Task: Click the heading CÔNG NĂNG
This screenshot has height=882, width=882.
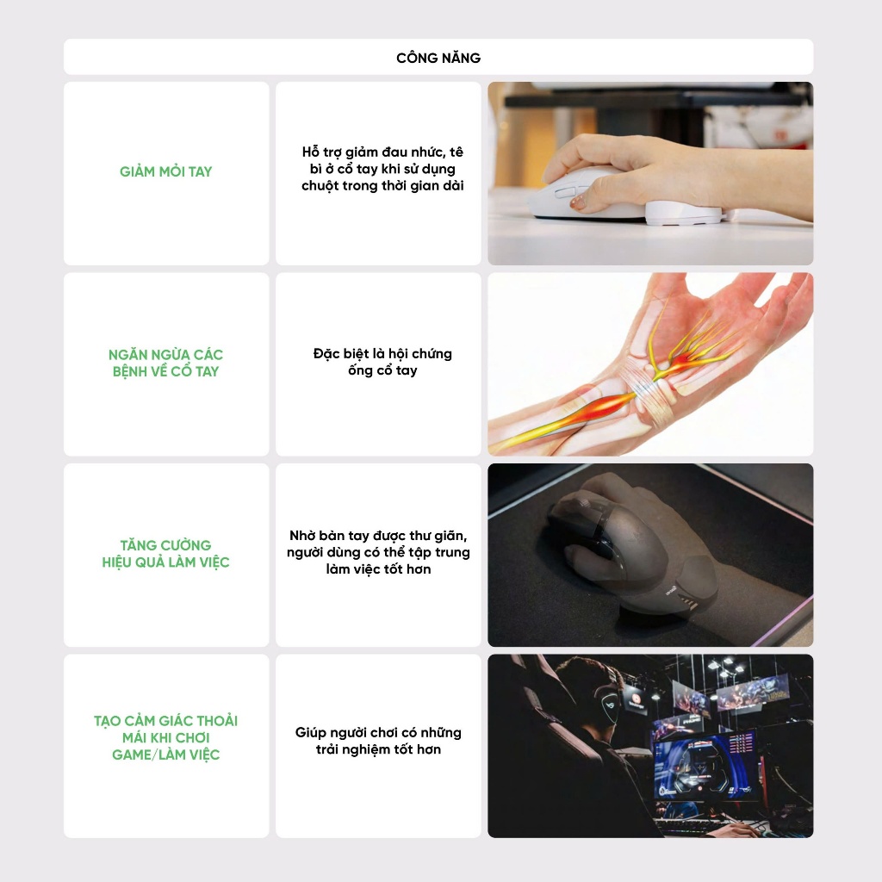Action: tap(438, 58)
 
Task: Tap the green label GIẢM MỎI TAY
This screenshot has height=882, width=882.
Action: tap(166, 171)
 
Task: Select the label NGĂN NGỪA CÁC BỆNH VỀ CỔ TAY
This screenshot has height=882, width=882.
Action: tap(166, 363)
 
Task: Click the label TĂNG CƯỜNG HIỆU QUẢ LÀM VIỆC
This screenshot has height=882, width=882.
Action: tap(166, 554)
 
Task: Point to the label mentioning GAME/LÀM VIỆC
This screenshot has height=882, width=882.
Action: tap(166, 737)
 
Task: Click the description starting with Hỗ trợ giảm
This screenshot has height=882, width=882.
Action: tap(382, 169)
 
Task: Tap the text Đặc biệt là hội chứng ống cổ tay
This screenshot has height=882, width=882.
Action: tap(382, 362)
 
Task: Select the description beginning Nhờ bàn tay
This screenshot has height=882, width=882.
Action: tap(379, 552)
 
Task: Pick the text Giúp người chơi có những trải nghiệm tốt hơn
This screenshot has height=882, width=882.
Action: tap(379, 741)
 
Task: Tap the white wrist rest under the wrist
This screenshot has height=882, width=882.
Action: tap(683, 214)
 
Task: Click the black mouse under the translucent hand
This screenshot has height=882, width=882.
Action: tap(585, 529)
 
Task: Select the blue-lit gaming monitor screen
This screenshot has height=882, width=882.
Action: tap(703, 764)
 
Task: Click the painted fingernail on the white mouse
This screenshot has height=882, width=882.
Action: tap(577, 203)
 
